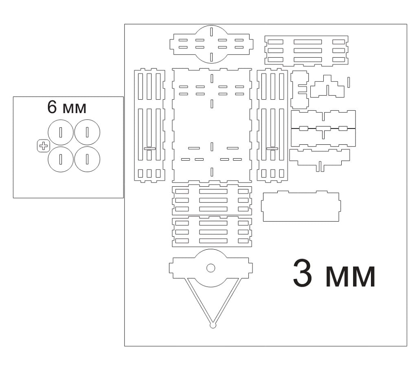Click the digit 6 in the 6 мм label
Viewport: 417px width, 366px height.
click(52, 107)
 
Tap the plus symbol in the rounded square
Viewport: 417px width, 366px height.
click(43, 146)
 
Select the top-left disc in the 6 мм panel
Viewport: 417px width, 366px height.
click(61, 132)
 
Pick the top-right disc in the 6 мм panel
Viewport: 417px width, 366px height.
click(87, 132)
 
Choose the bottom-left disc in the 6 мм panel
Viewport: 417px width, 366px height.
click(61, 159)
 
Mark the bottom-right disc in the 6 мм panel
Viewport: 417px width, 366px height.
click(87, 159)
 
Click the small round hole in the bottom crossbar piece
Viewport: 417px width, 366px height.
click(211, 268)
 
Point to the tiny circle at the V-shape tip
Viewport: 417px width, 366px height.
click(213, 325)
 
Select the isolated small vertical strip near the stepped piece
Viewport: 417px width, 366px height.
click(349, 82)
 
